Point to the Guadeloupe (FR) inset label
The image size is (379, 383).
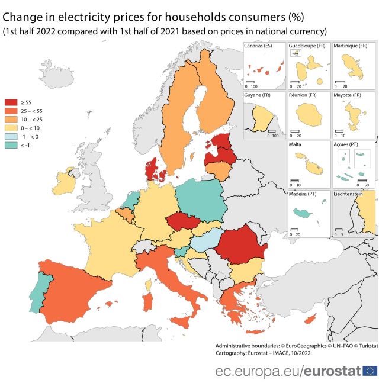pyautogui.click(x=307, y=46)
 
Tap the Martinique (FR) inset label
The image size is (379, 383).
pyautogui.click(x=351, y=46)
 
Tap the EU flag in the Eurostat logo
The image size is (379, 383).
pyautogui.click(x=370, y=371)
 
